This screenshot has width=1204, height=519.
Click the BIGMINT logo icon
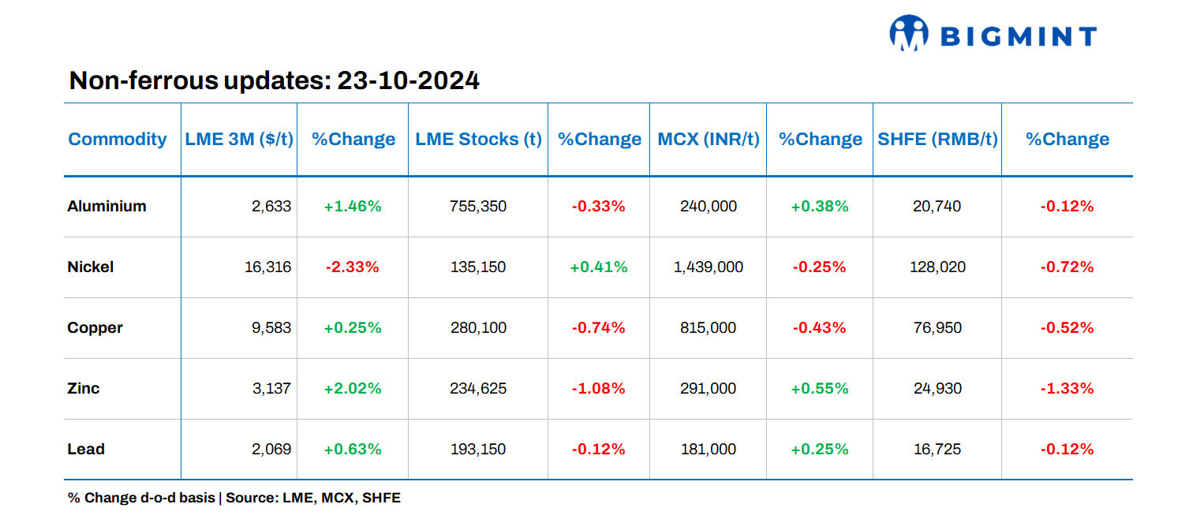(x=908, y=34)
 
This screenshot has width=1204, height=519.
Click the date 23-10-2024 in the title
(x=408, y=80)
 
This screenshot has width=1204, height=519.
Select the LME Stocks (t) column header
(x=478, y=140)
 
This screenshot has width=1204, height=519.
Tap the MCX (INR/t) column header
(x=708, y=140)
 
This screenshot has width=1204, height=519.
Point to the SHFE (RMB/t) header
(x=937, y=140)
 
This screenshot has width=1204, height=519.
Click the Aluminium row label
(x=107, y=207)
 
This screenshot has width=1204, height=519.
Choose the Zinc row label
(x=84, y=389)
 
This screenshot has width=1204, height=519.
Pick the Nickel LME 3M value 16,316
(x=268, y=267)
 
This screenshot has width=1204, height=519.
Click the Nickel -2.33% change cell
(x=352, y=267)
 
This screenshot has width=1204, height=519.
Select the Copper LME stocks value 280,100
(x=478, y=328)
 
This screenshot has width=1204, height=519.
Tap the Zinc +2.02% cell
(x=352, y=389)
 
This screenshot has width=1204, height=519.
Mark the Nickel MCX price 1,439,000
(x=708, y=267)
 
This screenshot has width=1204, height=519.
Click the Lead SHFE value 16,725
(x=937, y=450)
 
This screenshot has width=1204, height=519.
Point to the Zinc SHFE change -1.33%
(x=1067, y=389)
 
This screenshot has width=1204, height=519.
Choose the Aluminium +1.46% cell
(x=352, y=207)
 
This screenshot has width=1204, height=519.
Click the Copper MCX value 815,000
(x=708, y=328)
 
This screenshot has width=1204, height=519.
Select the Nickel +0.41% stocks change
(x=598, y=267)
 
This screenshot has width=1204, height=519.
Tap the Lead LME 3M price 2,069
(x=272, y=450)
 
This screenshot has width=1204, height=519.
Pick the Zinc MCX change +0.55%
(x=819, y=389)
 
